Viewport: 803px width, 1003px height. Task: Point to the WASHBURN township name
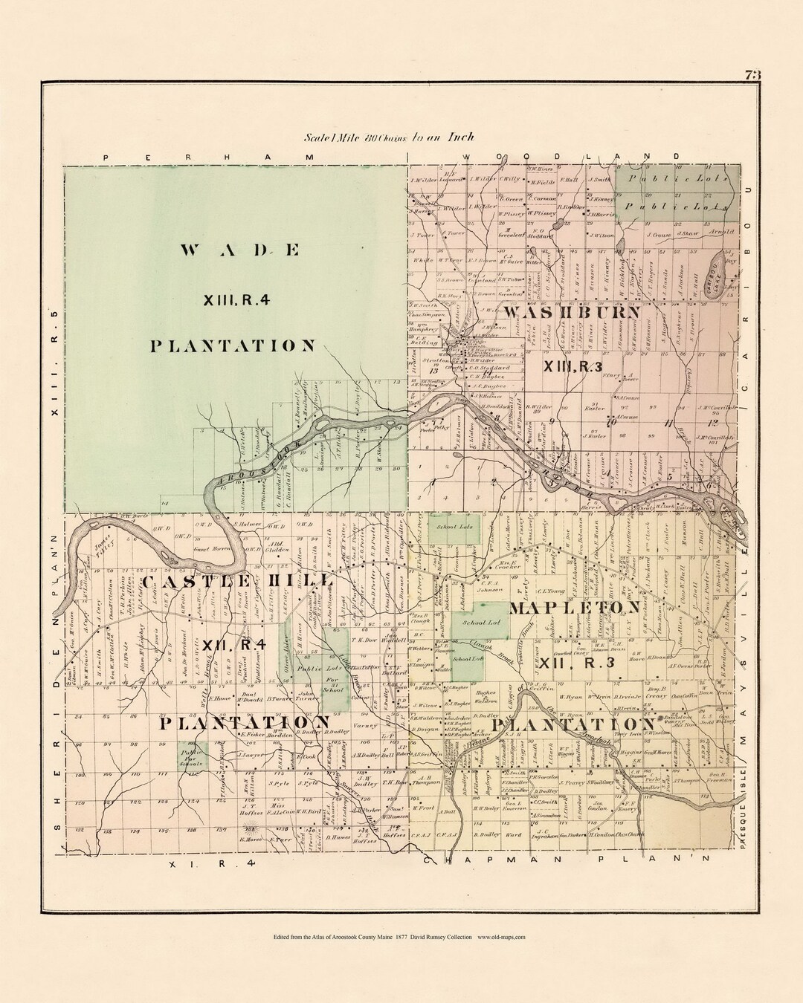(571, 313)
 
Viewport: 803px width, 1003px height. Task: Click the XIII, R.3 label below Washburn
(573, 365)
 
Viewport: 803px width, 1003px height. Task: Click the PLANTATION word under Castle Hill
(243, 722)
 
